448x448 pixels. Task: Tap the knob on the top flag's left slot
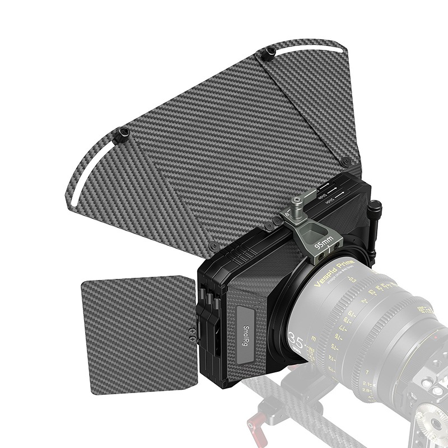point(123,133)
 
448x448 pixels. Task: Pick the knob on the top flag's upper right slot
point(269,53)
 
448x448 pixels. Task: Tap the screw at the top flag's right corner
point(346,161)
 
